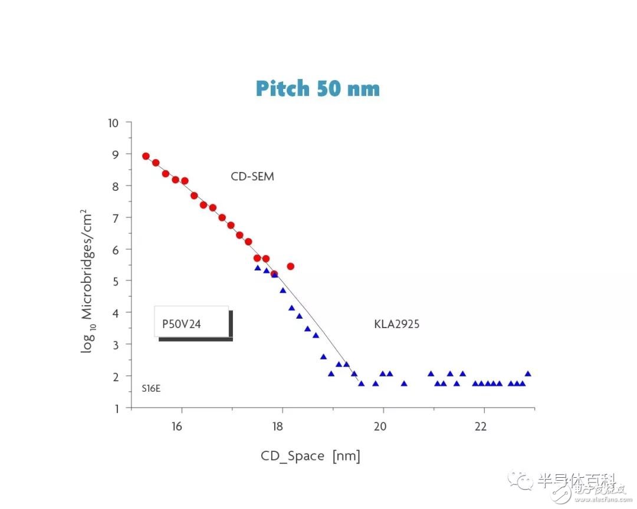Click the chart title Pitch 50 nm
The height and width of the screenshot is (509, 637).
pos(317,88)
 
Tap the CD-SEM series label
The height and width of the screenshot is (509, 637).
pos(252,176)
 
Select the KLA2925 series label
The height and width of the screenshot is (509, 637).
pos(396,324)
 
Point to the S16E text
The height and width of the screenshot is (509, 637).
pos(150,389)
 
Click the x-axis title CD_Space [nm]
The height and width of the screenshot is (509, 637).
pos(310,456)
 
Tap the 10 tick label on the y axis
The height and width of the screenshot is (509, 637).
pos(113,123)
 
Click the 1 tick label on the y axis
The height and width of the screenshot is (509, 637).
pos(115,408)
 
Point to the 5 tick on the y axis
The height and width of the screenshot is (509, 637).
pos(115,281)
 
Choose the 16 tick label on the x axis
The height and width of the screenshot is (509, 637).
pos(177,427)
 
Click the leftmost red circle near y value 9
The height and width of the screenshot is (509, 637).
pos(146,156)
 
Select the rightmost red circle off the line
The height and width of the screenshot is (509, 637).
pos(290,266)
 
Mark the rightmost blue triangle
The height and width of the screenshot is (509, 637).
pos(528,374)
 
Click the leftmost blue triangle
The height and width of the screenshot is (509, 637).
pos(258,268)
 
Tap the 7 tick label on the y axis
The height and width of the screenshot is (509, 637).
pos(115,218)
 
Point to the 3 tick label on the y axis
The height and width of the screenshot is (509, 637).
pos(115,344)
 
